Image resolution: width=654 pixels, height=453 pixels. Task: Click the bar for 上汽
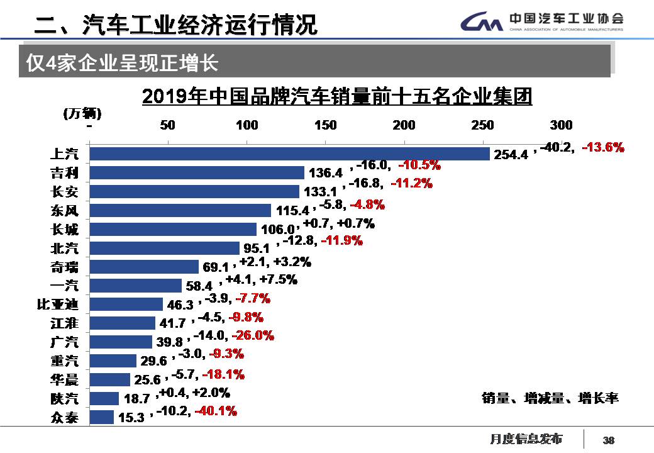[289, 154]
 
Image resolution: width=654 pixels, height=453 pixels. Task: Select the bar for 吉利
[197, 172]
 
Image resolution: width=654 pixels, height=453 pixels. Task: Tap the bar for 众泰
[102, 417]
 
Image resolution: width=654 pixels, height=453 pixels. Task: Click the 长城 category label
[64, 229]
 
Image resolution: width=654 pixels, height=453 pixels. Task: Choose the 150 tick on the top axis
[325, 125]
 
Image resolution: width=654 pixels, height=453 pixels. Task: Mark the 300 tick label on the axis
[561, 125]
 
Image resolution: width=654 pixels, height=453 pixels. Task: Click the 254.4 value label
[511, 154]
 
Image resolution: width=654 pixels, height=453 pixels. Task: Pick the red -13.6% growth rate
[603, 147]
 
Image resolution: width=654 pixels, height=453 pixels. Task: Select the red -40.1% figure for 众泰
[216, 411]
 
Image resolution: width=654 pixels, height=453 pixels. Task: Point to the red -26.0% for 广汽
[253, 336]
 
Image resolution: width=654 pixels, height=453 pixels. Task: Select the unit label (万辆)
[82, 113]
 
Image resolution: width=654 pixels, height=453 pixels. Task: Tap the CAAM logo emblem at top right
[481, 23]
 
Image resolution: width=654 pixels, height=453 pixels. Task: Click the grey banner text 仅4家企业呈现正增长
[122, 63]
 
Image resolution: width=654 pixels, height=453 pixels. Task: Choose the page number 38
[608, 440]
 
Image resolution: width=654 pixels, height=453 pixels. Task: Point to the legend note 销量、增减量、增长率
[550, 398]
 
